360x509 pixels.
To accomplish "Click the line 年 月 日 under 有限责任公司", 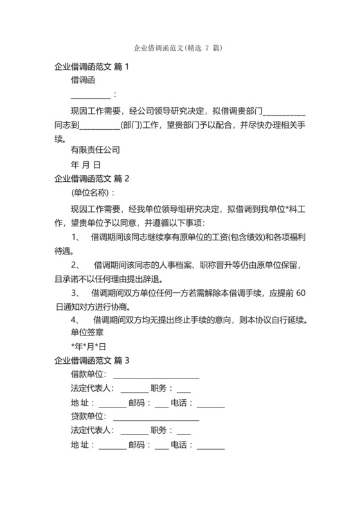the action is point(85,165).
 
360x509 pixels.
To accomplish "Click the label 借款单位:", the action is point(89,374).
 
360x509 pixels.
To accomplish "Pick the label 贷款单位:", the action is point(89,416).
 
